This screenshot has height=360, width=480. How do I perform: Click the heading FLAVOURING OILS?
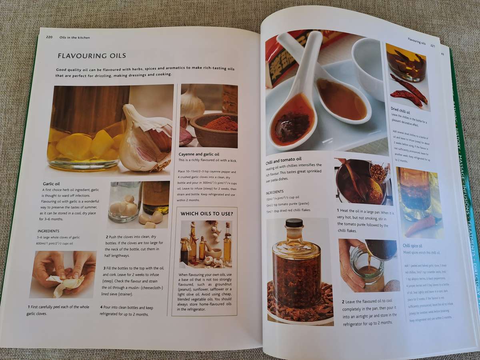[92, 56]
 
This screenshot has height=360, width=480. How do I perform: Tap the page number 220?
[49, 37]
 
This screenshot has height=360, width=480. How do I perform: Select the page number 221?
[432, 46]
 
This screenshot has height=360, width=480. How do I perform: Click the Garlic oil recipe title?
[51, 184]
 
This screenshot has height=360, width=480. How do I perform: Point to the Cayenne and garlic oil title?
[199, 154]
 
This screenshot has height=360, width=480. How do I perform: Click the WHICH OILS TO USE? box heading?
[206, 214]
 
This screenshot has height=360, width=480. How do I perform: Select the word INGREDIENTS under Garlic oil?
[48, 231]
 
